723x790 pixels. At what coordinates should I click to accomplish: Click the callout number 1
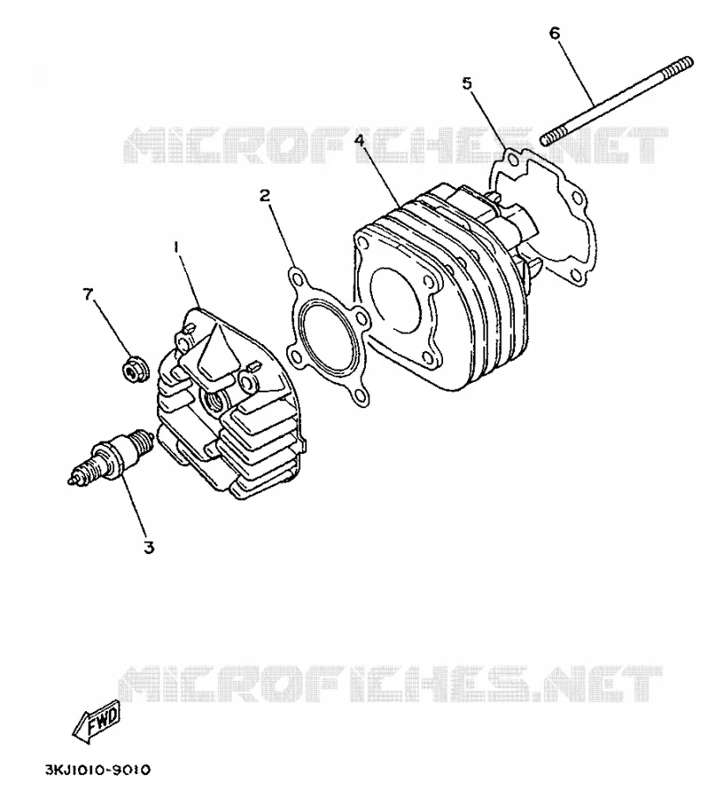pyautogui.click(x=176, y=248)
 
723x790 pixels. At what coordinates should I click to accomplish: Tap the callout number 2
pyautogui.click(x=265, y=196)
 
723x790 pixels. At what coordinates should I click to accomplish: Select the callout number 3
pyautogui.click(x=148, y=547)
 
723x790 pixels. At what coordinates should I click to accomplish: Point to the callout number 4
pyautogui.click(x=359, y=140)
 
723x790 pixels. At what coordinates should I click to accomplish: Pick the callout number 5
pyautogui.click(x=468, y=83)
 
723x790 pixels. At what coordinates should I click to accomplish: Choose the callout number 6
pyautogui.click(x=555, y=33)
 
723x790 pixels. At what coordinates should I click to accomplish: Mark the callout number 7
pyautogui.click(x=88, y=294)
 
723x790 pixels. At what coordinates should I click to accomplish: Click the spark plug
pyautogui.click(x=111, y=456)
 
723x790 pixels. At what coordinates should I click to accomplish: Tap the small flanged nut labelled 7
pyautogui.click(x=133, y=371)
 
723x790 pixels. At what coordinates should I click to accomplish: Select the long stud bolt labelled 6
pyautogui.click(x=617, y=100)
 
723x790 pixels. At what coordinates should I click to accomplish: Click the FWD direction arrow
pyautogui.click(x=97, y=722)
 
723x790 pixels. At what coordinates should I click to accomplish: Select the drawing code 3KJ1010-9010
pyautogui.click(x=98, y=770)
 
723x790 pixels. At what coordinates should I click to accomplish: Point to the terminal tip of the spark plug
pyautogui.click(x=71, y=481)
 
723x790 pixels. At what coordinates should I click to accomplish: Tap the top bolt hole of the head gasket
pyautogui.click(x=297, y=277)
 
